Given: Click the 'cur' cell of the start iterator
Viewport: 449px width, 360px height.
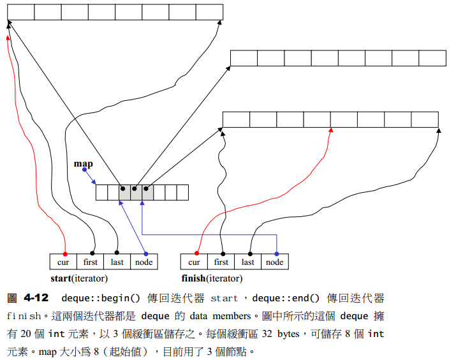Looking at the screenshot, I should [x=63, y=262].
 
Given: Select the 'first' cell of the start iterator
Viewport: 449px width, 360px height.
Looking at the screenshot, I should [x=91, y=262].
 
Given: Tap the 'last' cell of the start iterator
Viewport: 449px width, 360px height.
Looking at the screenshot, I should [x=117, y=262].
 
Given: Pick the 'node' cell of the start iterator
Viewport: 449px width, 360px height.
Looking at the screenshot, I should [x=144, y=262].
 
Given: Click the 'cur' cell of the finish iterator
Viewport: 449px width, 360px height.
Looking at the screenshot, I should [x=194, y=262].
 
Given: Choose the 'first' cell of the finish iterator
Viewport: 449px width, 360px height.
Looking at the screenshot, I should [x=221, y=262].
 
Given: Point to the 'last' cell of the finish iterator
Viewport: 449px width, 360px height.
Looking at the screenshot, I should [x=248, y=262].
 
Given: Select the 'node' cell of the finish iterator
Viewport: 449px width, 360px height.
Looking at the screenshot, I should [x=275, y=262].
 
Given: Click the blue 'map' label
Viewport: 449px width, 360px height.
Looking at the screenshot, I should [x=83, y=164].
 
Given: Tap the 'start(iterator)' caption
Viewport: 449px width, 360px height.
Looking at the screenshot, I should [x=78, y=278].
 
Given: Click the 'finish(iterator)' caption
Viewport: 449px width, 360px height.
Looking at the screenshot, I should [x=212, y=278].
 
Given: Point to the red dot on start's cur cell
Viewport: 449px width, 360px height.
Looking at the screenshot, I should [x=64, y=253].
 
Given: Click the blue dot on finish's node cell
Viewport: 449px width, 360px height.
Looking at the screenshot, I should [x=276, y=253].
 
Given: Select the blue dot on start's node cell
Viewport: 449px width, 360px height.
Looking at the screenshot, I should [x=146, y=253].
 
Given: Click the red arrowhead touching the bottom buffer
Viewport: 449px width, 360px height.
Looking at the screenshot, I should [x=330, y=131].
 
